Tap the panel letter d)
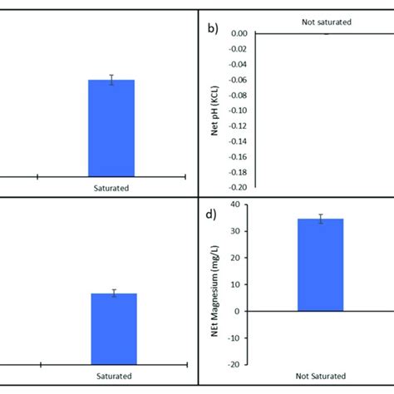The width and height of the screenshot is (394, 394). coord(213,214)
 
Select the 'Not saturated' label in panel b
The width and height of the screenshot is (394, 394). coord(325,17)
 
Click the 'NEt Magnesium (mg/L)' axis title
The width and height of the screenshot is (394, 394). coord(214,283)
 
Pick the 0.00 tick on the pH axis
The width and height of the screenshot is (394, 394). coord(239,33)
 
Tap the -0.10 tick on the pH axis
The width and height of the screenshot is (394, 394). coord(237,111)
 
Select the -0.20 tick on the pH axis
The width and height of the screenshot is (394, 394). coord(237,188)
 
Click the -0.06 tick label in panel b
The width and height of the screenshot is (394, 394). coord(237,80)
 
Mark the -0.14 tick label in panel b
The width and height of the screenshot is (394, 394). coord(237,141)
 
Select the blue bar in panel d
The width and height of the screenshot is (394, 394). coord(320,266)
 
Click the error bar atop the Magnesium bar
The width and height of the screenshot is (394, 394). coord(320,219)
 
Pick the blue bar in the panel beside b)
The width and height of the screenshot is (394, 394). coord(111,129)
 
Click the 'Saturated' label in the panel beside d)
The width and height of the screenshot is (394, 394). coord(113,376)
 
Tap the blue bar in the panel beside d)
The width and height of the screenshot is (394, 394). coord(113,328)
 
